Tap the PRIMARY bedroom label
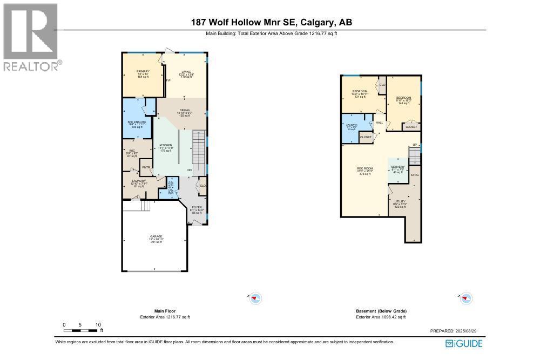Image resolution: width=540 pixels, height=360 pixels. (x=143, y=71)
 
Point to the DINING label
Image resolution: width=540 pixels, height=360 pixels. (x=185, y=110)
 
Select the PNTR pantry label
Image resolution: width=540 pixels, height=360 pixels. (x=146, y=167)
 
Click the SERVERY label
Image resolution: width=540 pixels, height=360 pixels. (x=398, y=167)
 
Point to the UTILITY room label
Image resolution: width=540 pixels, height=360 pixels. (x=400, y=201)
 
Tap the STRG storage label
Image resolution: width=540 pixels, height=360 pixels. (x=415, y=175)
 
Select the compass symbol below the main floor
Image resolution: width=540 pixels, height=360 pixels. (x=255, y=298)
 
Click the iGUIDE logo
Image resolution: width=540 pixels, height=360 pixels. (x=464, y=344)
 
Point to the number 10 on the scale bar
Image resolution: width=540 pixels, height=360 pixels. (x=98, y=324)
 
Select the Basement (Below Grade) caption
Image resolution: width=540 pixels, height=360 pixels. (x=381, y=311)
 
